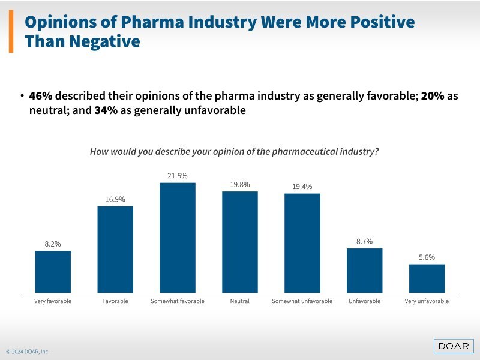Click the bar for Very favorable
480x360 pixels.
point(53,271)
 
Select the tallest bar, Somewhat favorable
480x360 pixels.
point(178,238)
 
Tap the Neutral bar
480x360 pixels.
point(240,242)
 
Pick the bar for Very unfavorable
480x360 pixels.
point(427,278)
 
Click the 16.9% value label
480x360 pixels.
point(115,200)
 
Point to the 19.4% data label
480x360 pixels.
point(302,187)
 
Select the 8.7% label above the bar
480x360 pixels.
point(364,241)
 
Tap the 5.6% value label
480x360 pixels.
point(427,257)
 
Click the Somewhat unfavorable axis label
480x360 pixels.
point(302,301)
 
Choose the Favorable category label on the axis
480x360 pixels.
point(115,301)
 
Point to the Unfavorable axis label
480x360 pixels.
point(364,301)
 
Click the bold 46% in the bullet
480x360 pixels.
point(41,97)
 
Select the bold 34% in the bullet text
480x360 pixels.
point(106,110)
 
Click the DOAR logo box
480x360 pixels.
point(454,346)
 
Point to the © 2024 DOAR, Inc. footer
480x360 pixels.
point(28,352)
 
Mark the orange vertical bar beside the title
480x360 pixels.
point(11,31)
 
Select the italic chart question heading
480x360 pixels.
point(234,152)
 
